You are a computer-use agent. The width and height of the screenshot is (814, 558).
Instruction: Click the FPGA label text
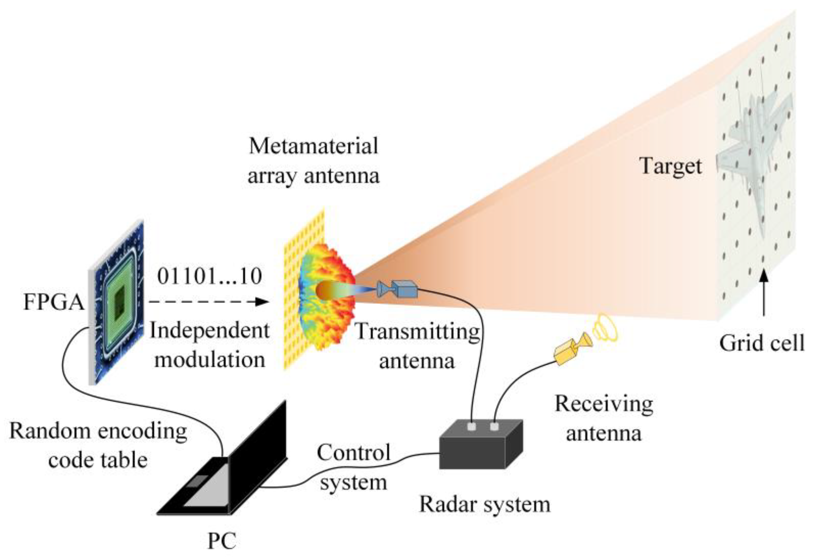(53, 302)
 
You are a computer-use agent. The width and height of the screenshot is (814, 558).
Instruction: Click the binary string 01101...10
(209, 276)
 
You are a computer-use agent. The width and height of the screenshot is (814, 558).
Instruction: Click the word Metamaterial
(313, 146)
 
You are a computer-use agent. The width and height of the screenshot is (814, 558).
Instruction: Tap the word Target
(670, 166)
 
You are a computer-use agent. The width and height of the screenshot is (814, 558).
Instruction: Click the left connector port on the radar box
(472, 427)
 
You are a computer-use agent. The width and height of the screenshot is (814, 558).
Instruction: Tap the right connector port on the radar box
(494, 427)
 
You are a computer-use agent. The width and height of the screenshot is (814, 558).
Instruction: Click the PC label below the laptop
(222, 541)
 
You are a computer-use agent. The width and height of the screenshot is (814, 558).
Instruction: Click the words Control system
(353, 468)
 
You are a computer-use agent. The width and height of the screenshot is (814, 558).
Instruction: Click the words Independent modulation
(209, 345)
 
